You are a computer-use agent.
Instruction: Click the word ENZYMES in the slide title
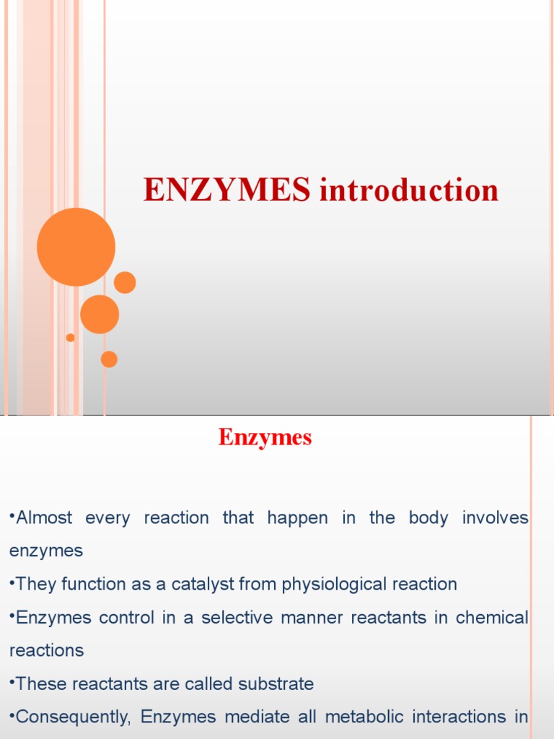pos(227,191)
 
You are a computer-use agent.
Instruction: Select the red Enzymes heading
pos(265,437)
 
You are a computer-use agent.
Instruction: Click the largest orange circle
pos(76,247)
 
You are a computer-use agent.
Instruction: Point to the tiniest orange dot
pos(70,338)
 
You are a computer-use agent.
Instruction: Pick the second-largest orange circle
pos(100,315)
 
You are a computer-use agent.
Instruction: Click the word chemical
pos(493,618)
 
